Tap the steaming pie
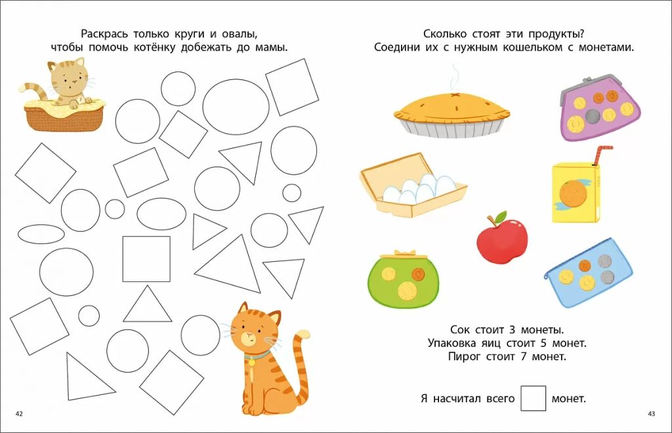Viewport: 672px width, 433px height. [452, 114]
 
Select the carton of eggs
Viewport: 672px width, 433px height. [413, 185]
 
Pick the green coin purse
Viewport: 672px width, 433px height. [403, 279]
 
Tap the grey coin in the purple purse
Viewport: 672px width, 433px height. [593, 116]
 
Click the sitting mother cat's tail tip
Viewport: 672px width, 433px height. [304, 334]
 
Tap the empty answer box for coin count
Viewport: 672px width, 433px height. [533, 398]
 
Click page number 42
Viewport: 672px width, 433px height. [19, 414]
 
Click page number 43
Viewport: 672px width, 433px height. [652, 414]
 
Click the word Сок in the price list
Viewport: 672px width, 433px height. [460, 330]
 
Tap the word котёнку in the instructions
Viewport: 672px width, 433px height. [154, 47]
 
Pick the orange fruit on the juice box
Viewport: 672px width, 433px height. [573, 193]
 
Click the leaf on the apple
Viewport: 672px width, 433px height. [501, 215]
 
